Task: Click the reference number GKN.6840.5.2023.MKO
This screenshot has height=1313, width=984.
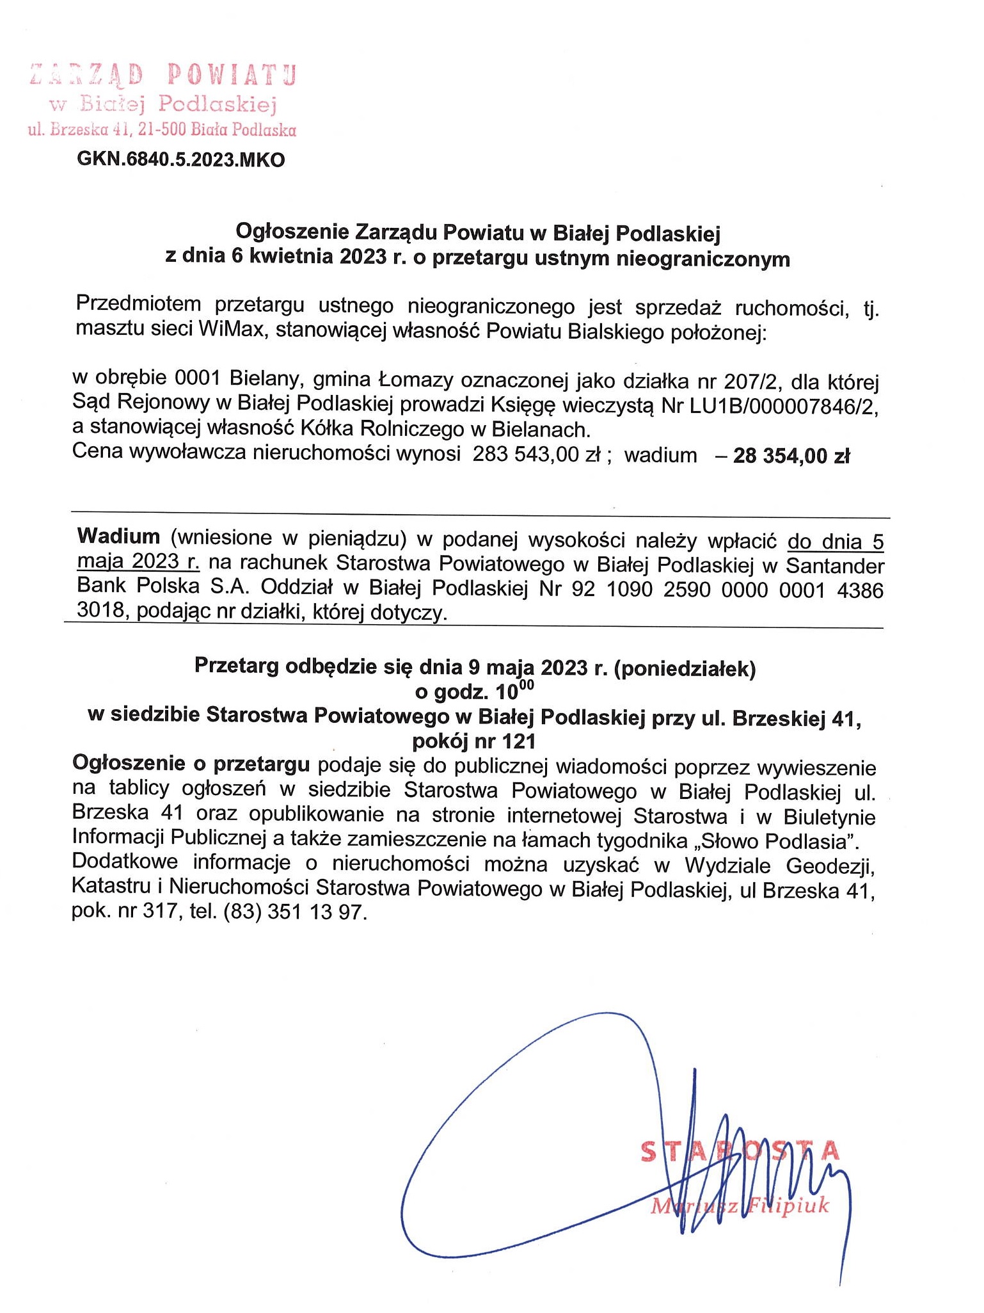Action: [x=180, y=159]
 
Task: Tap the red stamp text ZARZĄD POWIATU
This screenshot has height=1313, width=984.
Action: [x=163, y=76]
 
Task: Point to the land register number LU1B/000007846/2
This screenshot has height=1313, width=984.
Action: [x=781, y=406]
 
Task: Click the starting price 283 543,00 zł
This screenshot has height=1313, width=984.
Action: [x=536, y=455]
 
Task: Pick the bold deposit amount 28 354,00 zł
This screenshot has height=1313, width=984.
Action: [x=791, y=456]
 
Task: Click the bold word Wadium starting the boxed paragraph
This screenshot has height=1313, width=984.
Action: [x=118, y=536]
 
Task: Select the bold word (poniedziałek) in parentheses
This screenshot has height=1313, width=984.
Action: [x=685, y=668]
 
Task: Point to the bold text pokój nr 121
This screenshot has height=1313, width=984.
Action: [x=473, y=741]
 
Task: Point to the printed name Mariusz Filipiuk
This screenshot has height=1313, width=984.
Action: [x=740, y=1206]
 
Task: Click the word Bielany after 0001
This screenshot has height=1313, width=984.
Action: [x=258, y=382]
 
